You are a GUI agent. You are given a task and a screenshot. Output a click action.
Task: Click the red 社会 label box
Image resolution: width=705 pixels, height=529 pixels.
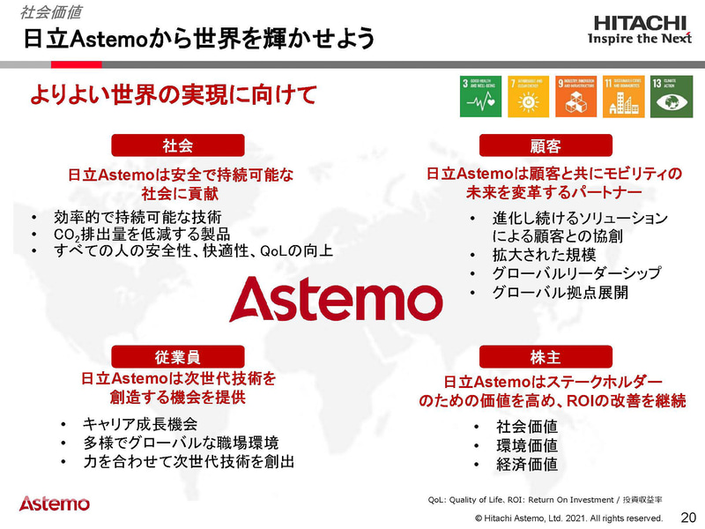point(177,145)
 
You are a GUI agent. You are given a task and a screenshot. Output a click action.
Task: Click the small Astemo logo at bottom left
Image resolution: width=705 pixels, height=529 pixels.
point(54,503)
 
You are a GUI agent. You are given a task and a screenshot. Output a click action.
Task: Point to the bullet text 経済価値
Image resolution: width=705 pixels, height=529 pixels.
point(526,464)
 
